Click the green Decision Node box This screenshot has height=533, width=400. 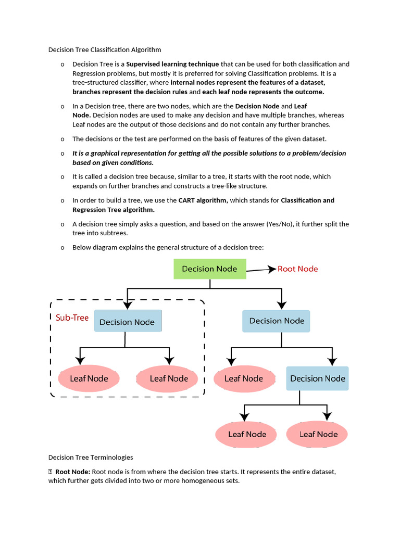point(209,269)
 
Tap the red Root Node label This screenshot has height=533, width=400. point(297,269)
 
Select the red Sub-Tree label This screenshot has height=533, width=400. point(72,318)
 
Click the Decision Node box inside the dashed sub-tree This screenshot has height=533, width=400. point(127,322)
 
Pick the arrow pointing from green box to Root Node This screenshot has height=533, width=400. point(261,270)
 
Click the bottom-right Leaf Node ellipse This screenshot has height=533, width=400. point(318,434)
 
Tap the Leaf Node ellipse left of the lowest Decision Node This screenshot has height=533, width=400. point(243,378)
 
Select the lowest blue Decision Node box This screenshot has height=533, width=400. point(317,378)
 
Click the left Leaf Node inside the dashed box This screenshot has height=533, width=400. point(89,378)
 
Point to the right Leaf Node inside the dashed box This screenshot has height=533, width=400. point(168,378)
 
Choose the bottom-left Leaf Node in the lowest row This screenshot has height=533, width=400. point(247,434)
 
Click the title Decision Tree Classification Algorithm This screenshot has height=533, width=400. point(105,50)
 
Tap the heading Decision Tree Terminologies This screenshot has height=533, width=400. point(91,458)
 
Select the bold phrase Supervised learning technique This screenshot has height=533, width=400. point(172,64)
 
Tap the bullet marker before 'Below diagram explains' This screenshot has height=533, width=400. point(63,248)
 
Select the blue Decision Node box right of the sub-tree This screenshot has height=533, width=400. point(277,321)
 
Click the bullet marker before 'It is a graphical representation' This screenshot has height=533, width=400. point(63,154)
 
